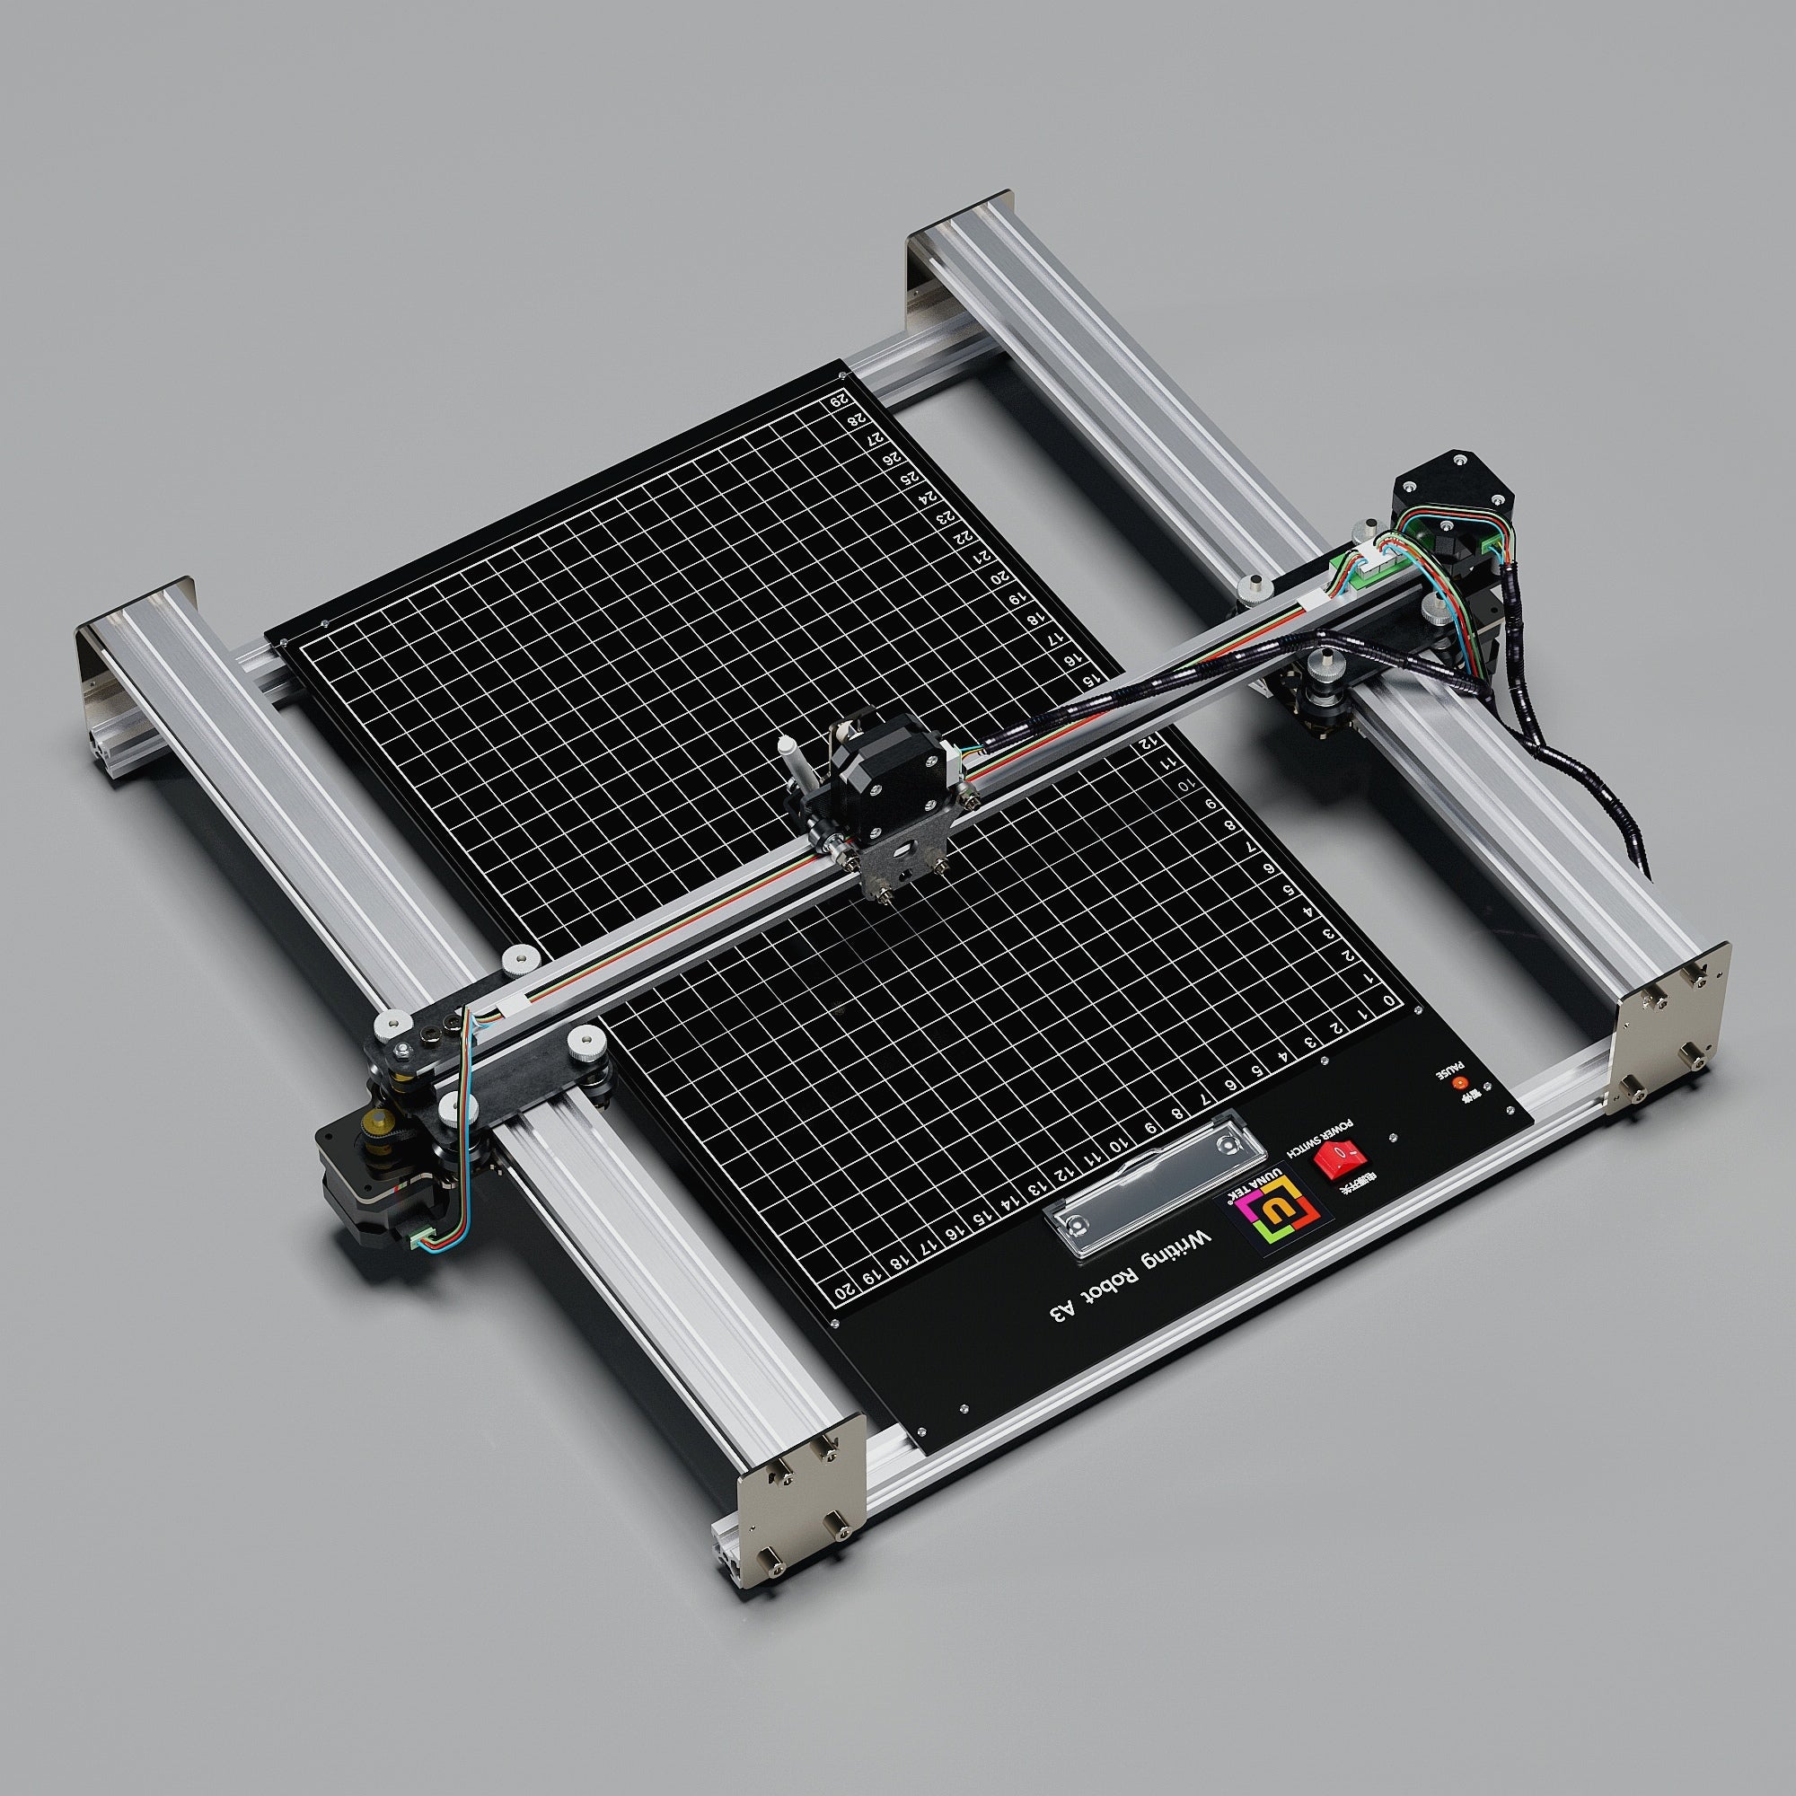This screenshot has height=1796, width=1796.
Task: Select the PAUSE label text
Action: point(1451,1069)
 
